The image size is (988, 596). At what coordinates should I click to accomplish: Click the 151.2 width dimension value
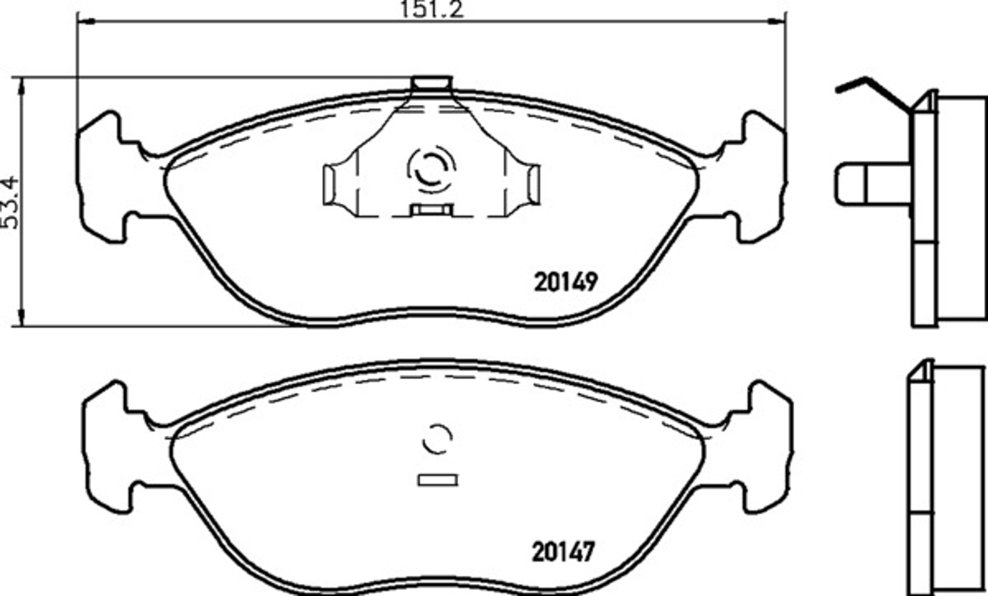[432, 9]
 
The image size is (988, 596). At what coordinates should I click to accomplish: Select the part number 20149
[566, 282]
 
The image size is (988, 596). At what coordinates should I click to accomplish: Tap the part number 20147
[564, 552]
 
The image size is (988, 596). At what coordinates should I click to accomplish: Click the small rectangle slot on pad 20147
[438, 480]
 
